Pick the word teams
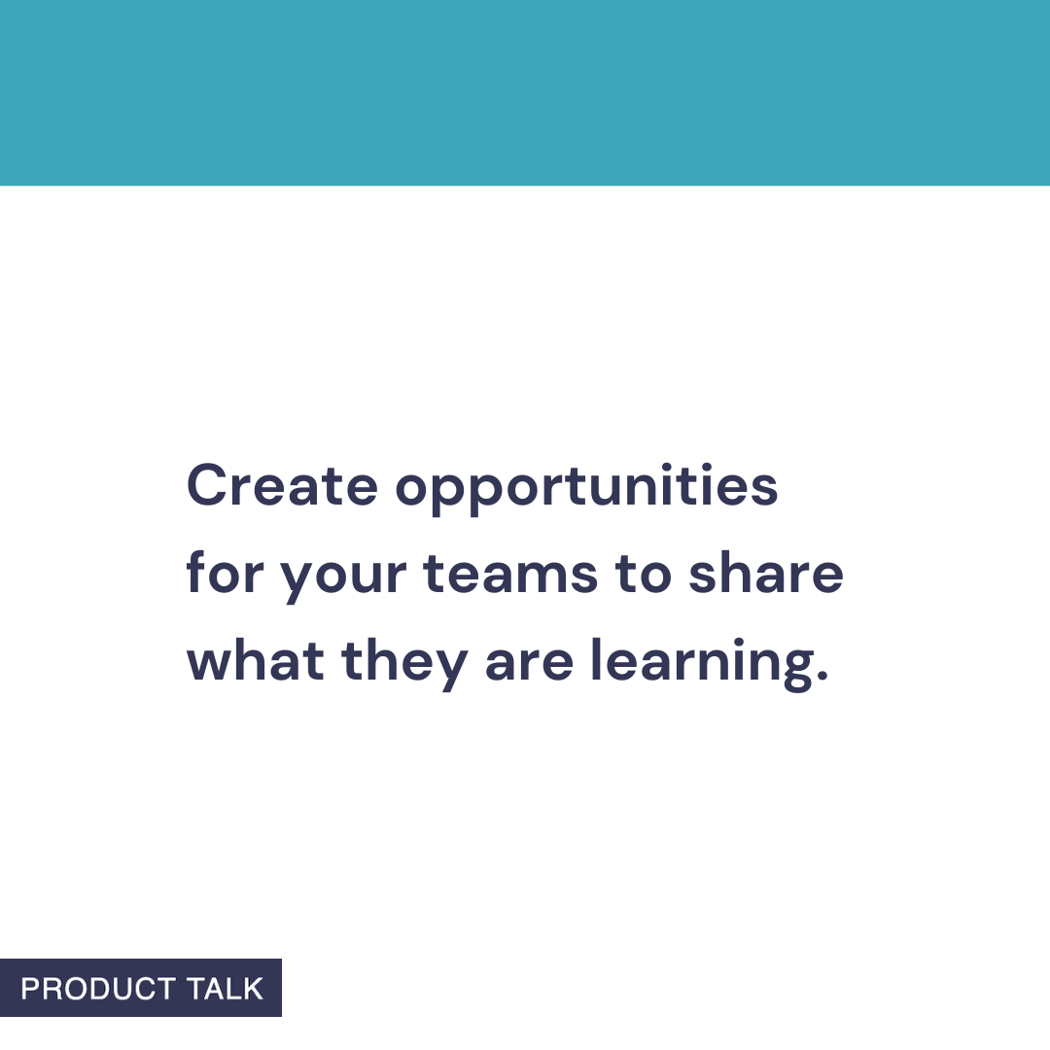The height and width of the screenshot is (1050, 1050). click(x=510, y=574)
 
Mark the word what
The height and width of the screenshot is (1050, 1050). click(x=256, y=661)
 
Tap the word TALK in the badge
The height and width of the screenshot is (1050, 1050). click(x=226, y=989)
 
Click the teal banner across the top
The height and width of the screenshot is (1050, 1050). click(x=525, y=92)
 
